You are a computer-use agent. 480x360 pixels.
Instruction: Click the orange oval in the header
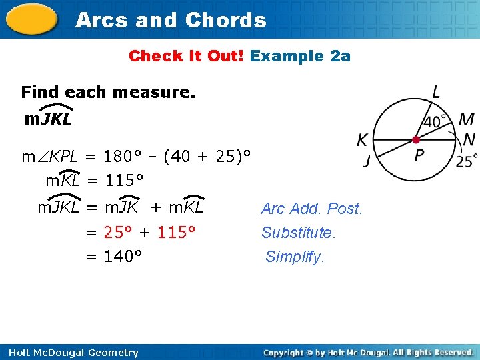(x=32, y=19)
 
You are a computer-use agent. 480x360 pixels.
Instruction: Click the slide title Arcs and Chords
(x=171, y=20)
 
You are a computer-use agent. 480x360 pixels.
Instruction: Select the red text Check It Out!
(x=187, y=56)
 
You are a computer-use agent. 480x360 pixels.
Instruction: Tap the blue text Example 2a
(x=300, y=56)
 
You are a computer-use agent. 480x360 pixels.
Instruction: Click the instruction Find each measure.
(x=108, y=92)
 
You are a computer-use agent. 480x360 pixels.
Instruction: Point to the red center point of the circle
(x=416, y=139)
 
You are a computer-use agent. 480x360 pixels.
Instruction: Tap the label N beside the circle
(x=469, y=139)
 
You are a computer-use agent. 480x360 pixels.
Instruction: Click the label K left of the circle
(x=362, y=140)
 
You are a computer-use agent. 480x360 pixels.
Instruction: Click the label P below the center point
(x=419, y=156)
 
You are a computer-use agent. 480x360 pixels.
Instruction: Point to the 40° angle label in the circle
(x=435, y=122)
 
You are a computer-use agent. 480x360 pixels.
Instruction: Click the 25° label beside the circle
(x=467, y=161)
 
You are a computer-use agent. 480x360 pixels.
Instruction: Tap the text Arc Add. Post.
(x=311, y=209)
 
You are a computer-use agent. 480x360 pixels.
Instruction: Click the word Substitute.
(x=299, y=233)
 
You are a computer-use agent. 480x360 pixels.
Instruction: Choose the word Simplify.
(x=295, y=257)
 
